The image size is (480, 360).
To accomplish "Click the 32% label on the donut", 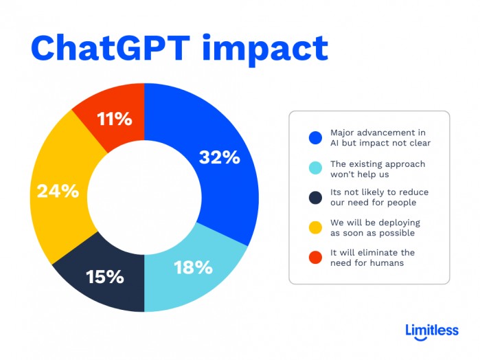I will [x=219, y=157].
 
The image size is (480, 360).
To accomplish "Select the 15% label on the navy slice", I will [x=104, y=277].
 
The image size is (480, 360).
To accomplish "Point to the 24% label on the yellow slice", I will [x=58, y=191].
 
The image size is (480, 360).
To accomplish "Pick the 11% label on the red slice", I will [x=113, y=119].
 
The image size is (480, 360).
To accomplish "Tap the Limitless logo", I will [x=432, y=330].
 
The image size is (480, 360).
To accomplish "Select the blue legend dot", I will [x=315, y=137].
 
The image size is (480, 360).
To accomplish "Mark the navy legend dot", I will [x=315, y=199].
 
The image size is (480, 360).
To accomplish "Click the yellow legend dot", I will [x=315, y=228].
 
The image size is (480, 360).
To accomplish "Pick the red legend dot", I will [x=315, y=258].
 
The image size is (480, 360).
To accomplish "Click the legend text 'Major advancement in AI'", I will [x=378, y=137].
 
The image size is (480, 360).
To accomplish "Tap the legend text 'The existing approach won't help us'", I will [x=378, y=169].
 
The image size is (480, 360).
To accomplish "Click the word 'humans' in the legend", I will [x=386, y=263].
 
